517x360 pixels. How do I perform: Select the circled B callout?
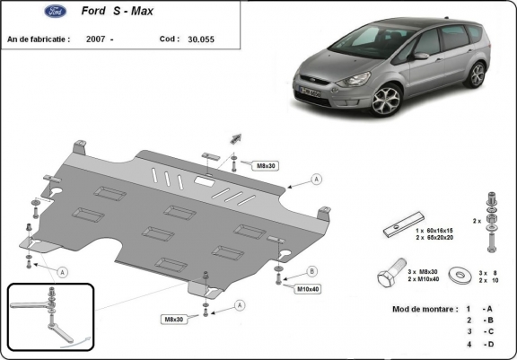(x=311, y=270)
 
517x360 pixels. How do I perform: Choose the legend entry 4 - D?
(x=477, y=345)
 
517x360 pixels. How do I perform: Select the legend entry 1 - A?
(x=477, y=309)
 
